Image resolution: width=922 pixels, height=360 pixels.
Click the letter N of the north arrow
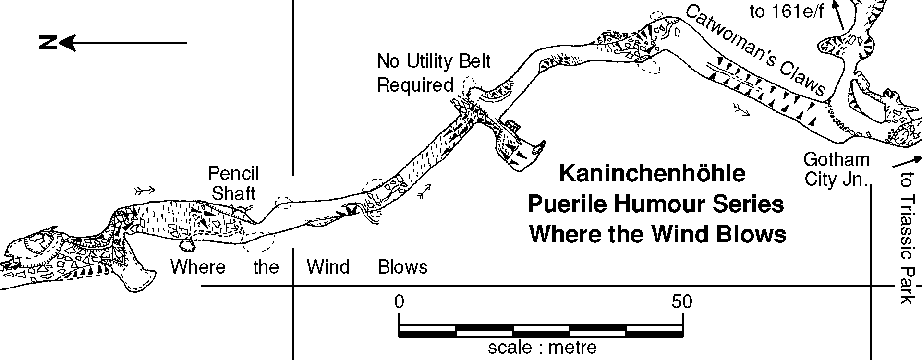click(48, 43)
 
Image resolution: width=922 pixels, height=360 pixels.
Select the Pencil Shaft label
click(234, 183)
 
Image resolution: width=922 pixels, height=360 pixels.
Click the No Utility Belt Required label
click(433, 73)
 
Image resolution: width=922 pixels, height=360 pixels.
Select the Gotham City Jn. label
click(837, 169)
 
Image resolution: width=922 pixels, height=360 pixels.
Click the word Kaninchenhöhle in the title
click(653, 174)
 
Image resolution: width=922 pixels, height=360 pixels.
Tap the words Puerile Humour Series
click(656, 204)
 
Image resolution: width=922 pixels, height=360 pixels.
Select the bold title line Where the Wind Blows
click(658, 235)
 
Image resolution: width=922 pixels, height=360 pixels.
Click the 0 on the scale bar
click(399, 302)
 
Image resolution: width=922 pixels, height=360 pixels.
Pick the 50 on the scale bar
click(682, 302)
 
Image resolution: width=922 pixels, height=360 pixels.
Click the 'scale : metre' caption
click(542, 347)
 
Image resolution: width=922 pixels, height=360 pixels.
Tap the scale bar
click(541, 331)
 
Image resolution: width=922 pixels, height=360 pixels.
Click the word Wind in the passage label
click(328, 267)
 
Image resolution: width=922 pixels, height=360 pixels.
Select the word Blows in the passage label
click(402, 267)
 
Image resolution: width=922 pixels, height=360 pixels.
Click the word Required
click(415, 85)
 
